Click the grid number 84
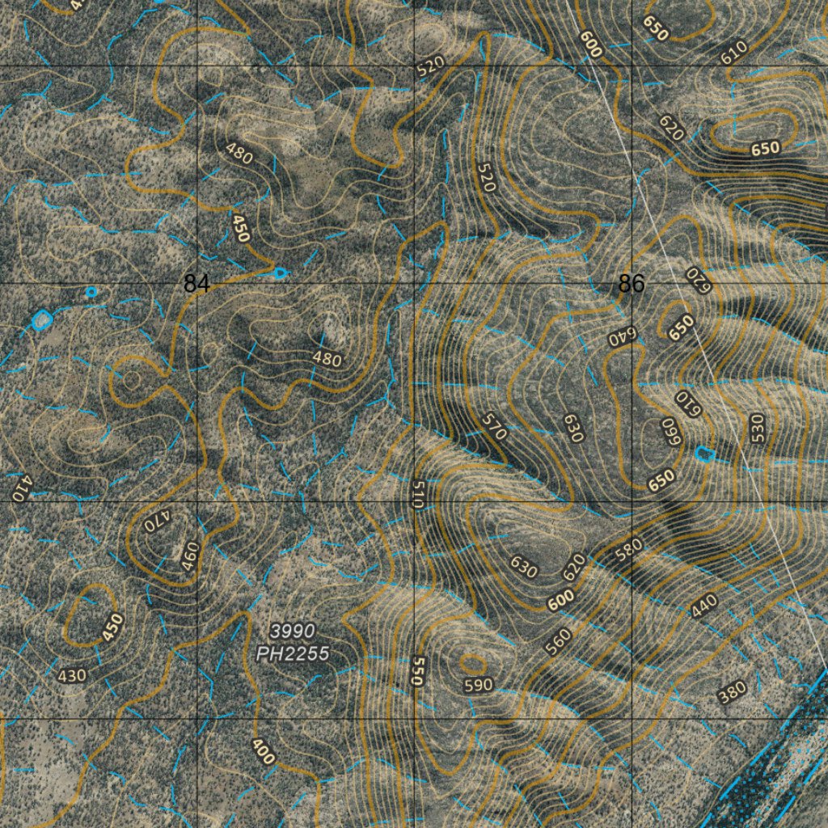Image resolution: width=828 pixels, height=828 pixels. tap(196, 284)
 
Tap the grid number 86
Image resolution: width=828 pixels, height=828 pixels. tap(631, 284)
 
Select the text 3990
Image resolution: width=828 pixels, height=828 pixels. tap(293, 631)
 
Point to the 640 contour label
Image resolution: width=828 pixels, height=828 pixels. tap(623, 336)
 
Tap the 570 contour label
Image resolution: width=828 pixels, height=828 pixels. tap(493, 426)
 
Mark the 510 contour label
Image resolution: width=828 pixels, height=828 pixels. tap(417, 493)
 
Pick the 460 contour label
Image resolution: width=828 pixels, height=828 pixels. tap(189, 557)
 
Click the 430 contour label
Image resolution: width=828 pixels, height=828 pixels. tap(73, 674)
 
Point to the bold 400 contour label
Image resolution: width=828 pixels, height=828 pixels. tap(264, 751)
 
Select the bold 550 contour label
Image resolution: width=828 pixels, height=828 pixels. tap(416, 671)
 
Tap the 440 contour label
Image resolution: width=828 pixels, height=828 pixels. tap(703, 606)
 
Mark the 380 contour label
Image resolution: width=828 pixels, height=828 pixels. tap(732, 692)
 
